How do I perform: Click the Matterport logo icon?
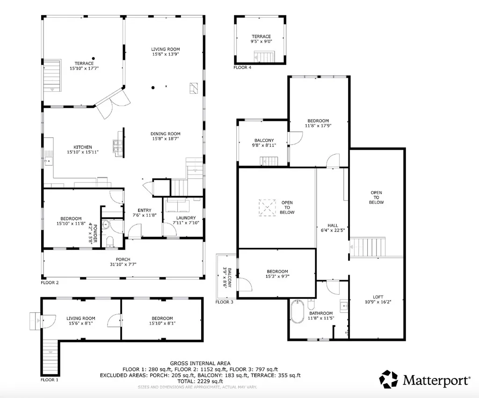coord(389,379)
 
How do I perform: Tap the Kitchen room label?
coord(82,147)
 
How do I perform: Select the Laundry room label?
coord(186,218)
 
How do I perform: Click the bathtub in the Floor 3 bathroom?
coord(297,312)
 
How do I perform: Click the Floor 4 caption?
coord(242,67)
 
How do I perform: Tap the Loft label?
coord(378,297)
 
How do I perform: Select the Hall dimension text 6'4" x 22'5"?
coord(333,230)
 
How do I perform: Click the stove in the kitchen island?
coord(117,146)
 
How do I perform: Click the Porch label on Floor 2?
coord(123,259)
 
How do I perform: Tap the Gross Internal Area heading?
coord(200,363)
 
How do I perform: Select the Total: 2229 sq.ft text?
coord(200,381)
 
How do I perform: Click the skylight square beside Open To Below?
coord(267,208)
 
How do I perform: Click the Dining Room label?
coord(165,133)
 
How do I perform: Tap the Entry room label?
coord(145,210)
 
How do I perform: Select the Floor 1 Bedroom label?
coord(162,318)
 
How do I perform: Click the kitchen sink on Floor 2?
coord(48,161)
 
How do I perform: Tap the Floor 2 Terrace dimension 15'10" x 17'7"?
coord(84,68)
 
